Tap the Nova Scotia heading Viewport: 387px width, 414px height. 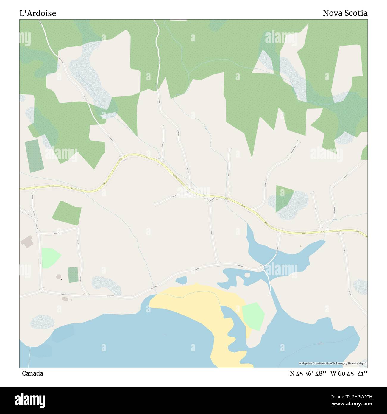click(345, 13)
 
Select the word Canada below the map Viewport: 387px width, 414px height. click(32, 373)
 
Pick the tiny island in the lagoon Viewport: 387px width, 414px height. click(247, 275)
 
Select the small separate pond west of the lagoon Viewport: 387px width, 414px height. click(181, 280)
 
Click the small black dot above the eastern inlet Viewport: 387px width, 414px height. click(300, 246)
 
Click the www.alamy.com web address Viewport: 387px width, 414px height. click(354, 404)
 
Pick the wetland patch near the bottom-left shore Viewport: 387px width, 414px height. click(43, 322)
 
